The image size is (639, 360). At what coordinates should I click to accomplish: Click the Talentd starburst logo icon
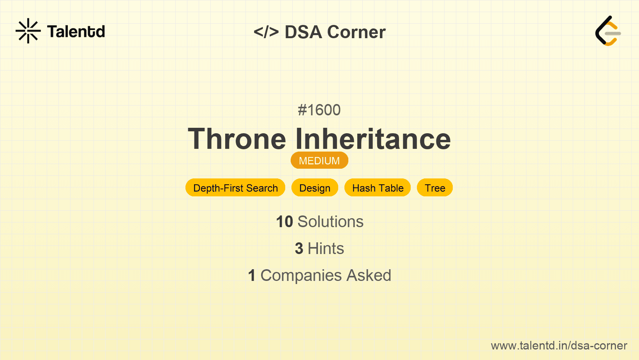tap(28, 31)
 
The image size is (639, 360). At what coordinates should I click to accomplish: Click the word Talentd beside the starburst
tap(76, 32)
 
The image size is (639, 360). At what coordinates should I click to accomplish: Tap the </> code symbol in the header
tap(266, 32)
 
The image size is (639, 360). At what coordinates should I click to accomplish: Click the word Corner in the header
tap(356, 32)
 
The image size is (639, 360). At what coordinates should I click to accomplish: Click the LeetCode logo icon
tap(608, 31)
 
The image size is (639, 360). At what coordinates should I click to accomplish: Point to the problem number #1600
tap(319, 110)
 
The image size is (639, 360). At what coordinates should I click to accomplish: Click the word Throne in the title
tap(237, 139)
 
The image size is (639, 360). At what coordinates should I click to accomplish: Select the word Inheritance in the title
tap(373, 139)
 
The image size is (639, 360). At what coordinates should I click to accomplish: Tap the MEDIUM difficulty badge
tap(319, 161)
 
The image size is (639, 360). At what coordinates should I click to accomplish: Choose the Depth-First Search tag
tap(235, 188)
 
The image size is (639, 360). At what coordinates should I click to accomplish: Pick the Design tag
tap(315, 188)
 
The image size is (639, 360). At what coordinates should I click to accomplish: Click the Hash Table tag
tap(378, 188)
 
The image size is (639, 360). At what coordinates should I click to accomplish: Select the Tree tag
tap(435, 188)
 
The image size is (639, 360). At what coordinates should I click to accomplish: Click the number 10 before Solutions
tap(284, 222)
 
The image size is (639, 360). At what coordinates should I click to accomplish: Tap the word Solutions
tap(330, 222)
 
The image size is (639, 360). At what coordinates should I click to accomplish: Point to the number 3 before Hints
tap(299, 249)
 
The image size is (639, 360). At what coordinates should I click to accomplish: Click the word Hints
tap(326, 249)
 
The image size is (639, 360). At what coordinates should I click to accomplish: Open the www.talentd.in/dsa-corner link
tap(559, 346)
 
